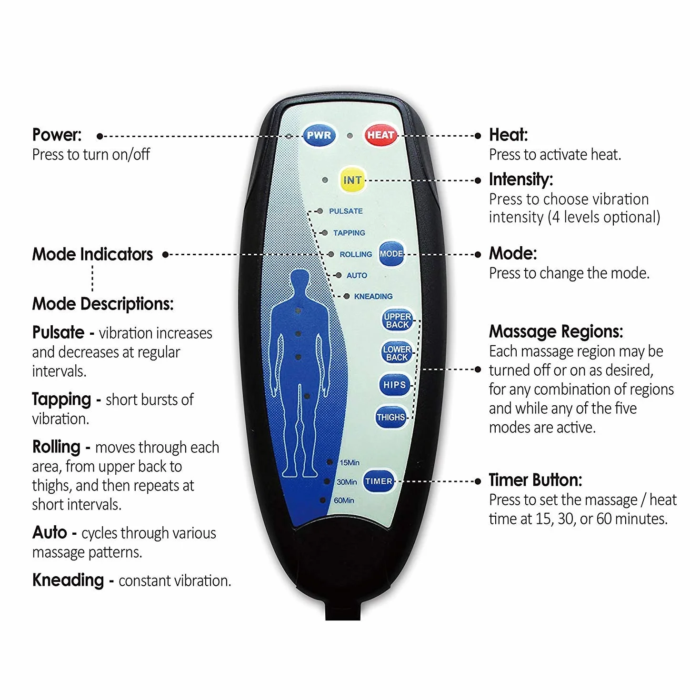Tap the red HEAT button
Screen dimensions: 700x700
pyautogui.click(x=380, y=135)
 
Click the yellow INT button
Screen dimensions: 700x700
pyautogui.click(x=352, y=180)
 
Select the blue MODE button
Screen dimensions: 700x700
pyautogui.click(x=391, y=253)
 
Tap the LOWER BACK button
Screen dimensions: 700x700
pyautogui.click(x=397, y=353)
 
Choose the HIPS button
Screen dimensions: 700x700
pyautogui.click(x=394, y=385)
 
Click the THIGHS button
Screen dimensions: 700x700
pyautogui.click(x=391, y=417)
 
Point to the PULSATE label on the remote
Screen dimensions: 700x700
pyautogui.click(x=346, y=211)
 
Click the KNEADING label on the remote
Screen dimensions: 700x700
pyautogui.click(x=373, y=296)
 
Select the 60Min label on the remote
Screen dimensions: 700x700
pyautogui.click(x=344, y=500)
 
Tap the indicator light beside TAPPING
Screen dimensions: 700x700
pyautogui.click(x=325, y=233)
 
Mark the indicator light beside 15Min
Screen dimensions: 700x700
pyautogui.click(x=330, y=462)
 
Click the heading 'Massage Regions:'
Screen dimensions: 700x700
pyautogui.click(x=556, y=331)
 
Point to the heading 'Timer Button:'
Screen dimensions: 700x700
pyautogui.click(x=535, y=480)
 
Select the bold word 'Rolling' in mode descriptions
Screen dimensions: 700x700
pyautogui.click(x=56, y=447)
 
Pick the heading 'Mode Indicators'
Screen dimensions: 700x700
pyautogui.click(x=93, y=254)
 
